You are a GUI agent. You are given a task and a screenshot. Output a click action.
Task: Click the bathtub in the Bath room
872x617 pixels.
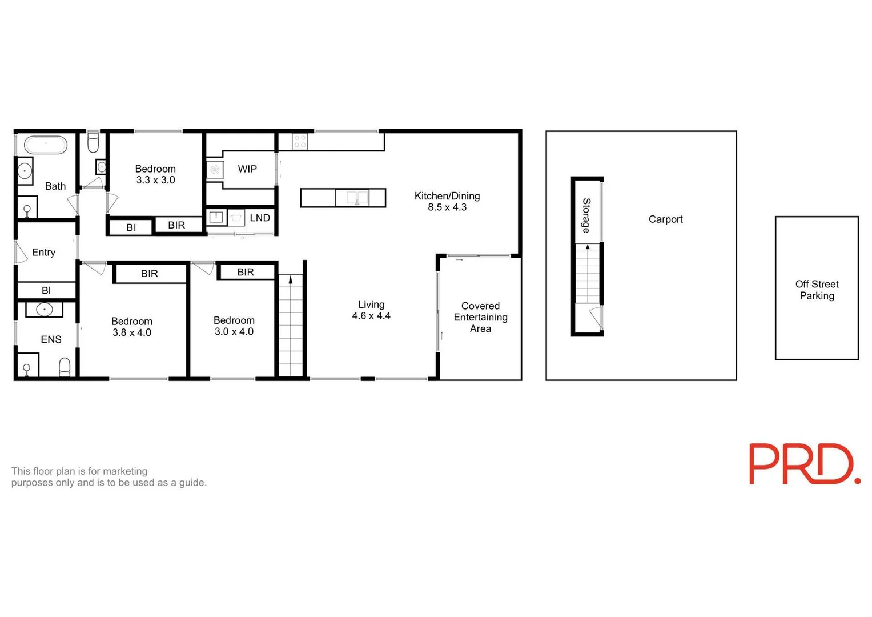point(46,145)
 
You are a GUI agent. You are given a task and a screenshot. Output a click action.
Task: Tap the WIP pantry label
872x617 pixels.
point(247,169)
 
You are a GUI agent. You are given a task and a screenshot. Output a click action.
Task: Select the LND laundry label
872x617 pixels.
point(260,218)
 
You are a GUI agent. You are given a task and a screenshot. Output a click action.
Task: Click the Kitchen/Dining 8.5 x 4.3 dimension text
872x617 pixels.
point(447,207)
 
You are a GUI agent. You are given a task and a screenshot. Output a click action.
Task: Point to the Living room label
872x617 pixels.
point(371,305)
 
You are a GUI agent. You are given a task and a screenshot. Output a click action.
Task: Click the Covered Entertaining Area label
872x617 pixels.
point(480,318)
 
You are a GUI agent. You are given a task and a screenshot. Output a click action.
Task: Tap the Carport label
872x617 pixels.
point(665,219)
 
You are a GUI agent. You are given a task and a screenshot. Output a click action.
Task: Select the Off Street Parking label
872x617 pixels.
point(817,290)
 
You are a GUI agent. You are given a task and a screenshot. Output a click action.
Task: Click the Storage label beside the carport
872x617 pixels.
point(586,215)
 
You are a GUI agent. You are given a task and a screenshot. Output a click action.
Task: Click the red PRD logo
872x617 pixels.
point(804,464)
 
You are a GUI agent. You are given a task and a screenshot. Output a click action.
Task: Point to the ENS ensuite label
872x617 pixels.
point(51,340)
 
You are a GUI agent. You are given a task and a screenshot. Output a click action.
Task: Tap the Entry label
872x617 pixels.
point(43,253)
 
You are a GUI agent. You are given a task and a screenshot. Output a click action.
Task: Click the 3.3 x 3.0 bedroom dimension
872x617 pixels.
point(155,180)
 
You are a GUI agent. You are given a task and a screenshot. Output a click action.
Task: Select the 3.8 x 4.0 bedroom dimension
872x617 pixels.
point(132,333)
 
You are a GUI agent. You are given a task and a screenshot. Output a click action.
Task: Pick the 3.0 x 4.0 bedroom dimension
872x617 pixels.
point(234,332)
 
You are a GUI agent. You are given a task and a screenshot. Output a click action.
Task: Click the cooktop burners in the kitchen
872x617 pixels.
point(300,142)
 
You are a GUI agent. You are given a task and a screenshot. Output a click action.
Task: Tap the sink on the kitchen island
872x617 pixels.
point(357,198)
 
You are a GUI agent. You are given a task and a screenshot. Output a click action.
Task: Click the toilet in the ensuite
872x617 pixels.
point(65,367)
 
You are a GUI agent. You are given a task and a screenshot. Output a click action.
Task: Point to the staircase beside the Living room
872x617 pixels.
point(291,326)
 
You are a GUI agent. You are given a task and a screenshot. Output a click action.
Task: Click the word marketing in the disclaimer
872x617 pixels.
point(125,471)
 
